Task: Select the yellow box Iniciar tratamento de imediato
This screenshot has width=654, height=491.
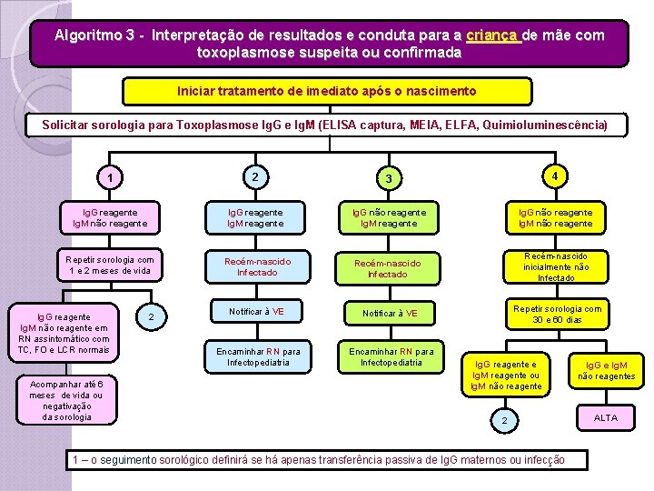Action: click(326, 92)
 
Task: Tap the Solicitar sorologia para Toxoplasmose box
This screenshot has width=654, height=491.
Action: click(326, 125)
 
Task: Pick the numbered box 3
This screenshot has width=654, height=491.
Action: click(387, 178)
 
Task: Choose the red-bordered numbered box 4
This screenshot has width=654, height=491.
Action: click(554, 175)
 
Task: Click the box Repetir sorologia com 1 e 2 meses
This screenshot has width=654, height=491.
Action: click(110, 265)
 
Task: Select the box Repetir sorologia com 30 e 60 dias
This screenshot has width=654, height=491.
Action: click(557, 315)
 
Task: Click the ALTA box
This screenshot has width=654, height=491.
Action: click(605, 417)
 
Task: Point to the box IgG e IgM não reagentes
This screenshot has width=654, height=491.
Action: click(606, 370)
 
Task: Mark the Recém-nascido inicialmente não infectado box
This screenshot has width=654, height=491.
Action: click(556, 266)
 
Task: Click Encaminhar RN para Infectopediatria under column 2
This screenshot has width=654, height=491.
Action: click(258, 357)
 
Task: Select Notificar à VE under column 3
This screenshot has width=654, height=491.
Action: click(391, 314)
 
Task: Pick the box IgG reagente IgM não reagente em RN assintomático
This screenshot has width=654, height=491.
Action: click(63, 328)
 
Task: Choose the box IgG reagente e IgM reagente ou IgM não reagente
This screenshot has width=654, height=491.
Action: click(505, 375)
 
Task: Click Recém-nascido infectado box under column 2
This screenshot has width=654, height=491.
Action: click(258, 266)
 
